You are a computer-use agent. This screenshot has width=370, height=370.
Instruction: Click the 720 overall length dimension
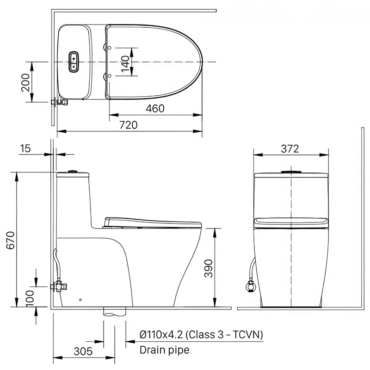pos(129,125)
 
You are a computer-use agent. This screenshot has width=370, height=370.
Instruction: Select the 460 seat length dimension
pos(155,109)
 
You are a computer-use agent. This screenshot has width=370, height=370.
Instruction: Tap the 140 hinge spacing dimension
pos(125,64)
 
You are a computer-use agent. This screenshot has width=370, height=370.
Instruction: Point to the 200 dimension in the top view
pos(25,82)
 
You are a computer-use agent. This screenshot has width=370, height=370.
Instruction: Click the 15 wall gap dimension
pos(25,148)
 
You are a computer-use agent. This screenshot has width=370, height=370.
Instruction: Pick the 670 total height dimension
pos(11,240)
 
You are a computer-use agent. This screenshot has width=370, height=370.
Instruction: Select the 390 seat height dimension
pos(209,268)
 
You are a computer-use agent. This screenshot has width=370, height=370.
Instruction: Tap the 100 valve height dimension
pos(30,298)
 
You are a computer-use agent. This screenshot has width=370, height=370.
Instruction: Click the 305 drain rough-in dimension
pos(83,351)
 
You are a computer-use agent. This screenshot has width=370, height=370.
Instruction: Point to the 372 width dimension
pos(290,148)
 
